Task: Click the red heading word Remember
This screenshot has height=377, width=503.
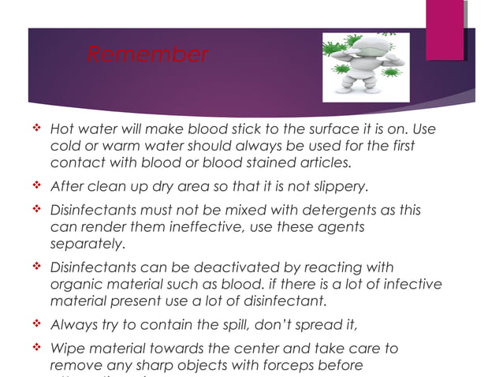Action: tap(147, 55)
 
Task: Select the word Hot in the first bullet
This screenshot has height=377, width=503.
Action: tap(61, 129)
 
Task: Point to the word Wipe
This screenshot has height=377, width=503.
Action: tap(65, 348)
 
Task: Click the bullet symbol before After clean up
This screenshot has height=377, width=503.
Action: tap(36, 187)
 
